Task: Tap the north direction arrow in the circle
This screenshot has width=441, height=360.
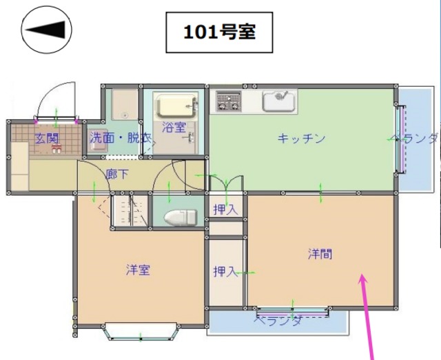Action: (x=47, y=31)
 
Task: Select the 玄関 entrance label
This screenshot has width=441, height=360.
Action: (x=47, y=138)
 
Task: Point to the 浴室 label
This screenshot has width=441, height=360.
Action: (x=174, y=128)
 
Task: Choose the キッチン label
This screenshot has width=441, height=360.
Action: (x=300, y=138)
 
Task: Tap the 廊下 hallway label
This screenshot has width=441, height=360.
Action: (x=116, y=174)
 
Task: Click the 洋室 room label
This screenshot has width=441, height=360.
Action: (x=138, y=270)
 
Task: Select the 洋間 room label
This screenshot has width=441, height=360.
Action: (x=320, y=254)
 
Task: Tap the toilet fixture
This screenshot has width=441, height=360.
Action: (x=181, y=217)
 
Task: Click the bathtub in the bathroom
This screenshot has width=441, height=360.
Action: (x=176, y=106)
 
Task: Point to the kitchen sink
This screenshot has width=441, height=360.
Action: (x=279, y=101)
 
